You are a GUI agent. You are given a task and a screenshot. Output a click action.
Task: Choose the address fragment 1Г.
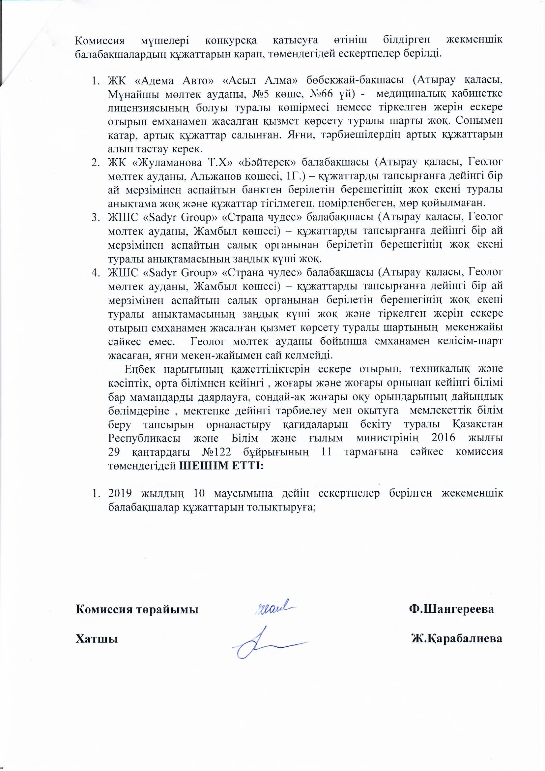292,176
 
